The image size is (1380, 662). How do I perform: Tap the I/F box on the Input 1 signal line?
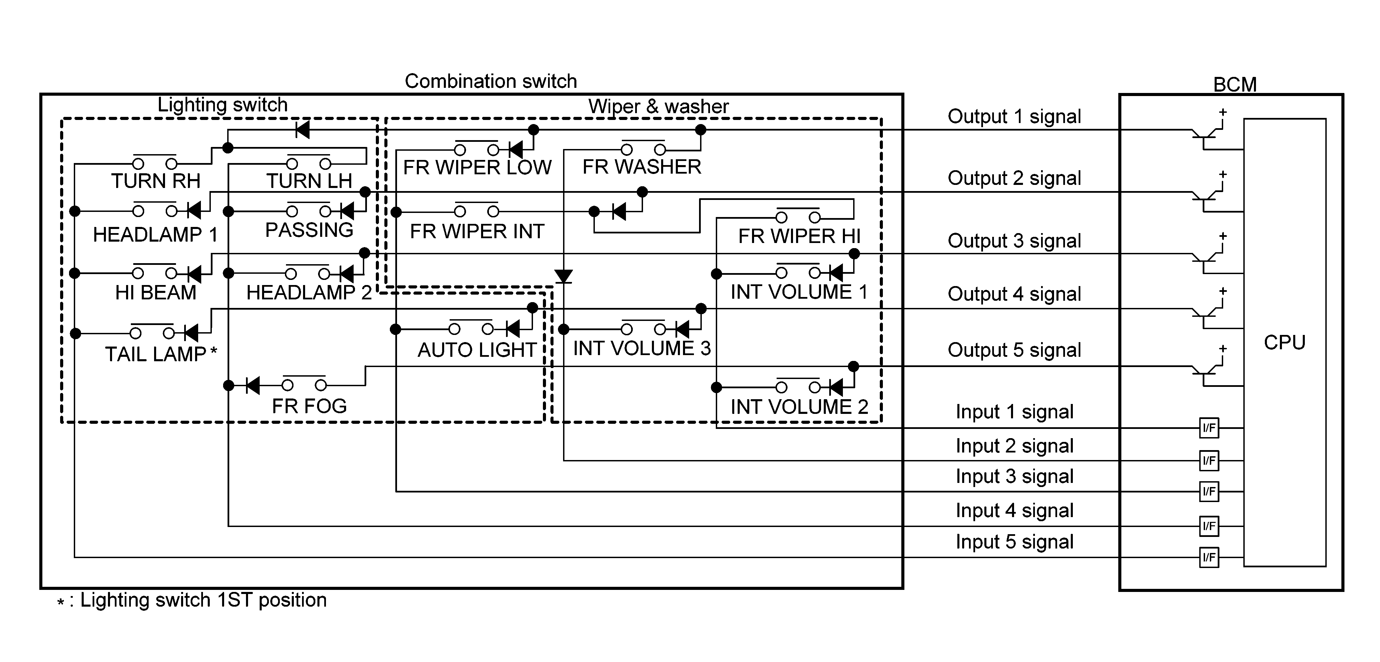[1208, 428]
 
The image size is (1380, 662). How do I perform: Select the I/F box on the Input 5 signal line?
[1208, 557]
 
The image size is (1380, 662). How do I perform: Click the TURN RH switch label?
[156, 181]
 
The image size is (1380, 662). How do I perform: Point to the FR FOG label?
[309, 406]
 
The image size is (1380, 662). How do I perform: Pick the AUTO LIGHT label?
[477, 350]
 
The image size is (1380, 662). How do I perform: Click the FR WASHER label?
[642, 167]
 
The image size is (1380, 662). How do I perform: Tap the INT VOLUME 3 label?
[642, 348]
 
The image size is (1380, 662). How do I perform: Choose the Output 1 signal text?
[1014, 116]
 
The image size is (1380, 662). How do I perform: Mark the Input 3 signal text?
[1014, 476]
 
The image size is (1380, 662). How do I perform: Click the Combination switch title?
[491, 81]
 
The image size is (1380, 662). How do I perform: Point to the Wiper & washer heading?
[658, 106]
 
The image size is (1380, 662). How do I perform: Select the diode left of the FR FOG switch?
[252, 385]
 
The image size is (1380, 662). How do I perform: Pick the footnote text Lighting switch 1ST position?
[203, 600]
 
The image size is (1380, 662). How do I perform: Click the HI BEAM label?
[156, 293]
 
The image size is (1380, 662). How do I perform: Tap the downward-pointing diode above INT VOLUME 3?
[563, 276]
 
